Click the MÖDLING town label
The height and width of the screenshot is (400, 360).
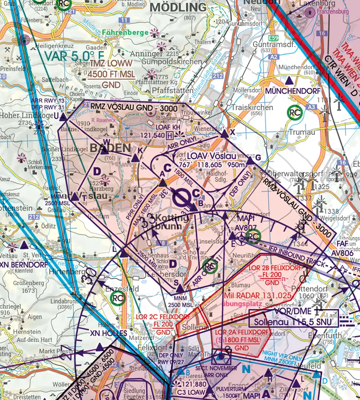pos(178,7)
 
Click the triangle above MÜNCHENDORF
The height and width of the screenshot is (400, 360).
pos(288,80)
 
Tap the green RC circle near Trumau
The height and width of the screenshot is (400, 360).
pos(296,113)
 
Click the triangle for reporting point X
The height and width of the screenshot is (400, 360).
pos(224,134)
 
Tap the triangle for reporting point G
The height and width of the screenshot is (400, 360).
pos(250,161)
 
